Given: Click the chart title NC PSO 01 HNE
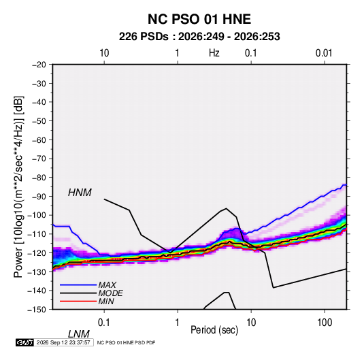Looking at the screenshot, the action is point(199,19).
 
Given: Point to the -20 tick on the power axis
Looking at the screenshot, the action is point(39,65).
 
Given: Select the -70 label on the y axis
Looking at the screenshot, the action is point(39,159).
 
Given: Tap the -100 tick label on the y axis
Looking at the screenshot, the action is point(37,215).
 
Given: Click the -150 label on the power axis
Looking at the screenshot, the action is point(37,310).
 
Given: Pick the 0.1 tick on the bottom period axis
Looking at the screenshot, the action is point(104,323).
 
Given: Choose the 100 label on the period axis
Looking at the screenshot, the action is point(325,323).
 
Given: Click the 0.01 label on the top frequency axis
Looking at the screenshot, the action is point(324,53).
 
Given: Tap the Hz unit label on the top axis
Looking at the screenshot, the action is point(214,53).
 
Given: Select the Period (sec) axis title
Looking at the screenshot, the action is point(214,330).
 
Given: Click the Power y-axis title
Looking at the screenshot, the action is point(18,187).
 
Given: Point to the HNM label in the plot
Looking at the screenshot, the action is point(80,193).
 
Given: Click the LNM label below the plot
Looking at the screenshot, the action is point(78,334).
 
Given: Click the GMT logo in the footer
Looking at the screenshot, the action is point(25,342).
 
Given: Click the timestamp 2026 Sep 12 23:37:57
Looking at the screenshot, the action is point(63,342).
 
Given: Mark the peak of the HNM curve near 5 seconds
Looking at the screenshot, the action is point(226,208).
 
